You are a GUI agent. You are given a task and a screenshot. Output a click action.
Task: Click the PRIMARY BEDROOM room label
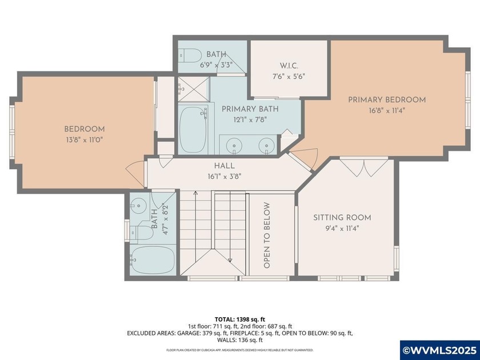pyautogui.click(x=387, y=100)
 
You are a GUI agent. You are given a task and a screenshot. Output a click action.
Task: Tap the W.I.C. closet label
pyautogui.click(x=288, y=65)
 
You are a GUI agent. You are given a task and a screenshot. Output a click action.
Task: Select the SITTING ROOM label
pyautogui.click(x=342, y=218)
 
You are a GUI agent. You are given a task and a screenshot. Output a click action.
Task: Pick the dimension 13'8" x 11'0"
pyautogui.click(x=84, y=139)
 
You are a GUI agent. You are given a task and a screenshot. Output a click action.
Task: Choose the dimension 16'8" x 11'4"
pyautogui.click(x=387, y=110)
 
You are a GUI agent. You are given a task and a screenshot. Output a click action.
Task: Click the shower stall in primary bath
pyautogui.click(x=193, y=88)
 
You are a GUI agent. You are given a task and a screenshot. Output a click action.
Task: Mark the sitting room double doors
pyautogui.click(x=355, y=167)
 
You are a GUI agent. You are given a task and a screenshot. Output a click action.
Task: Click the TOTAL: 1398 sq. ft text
pyautogui.click(x=240, y=319)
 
